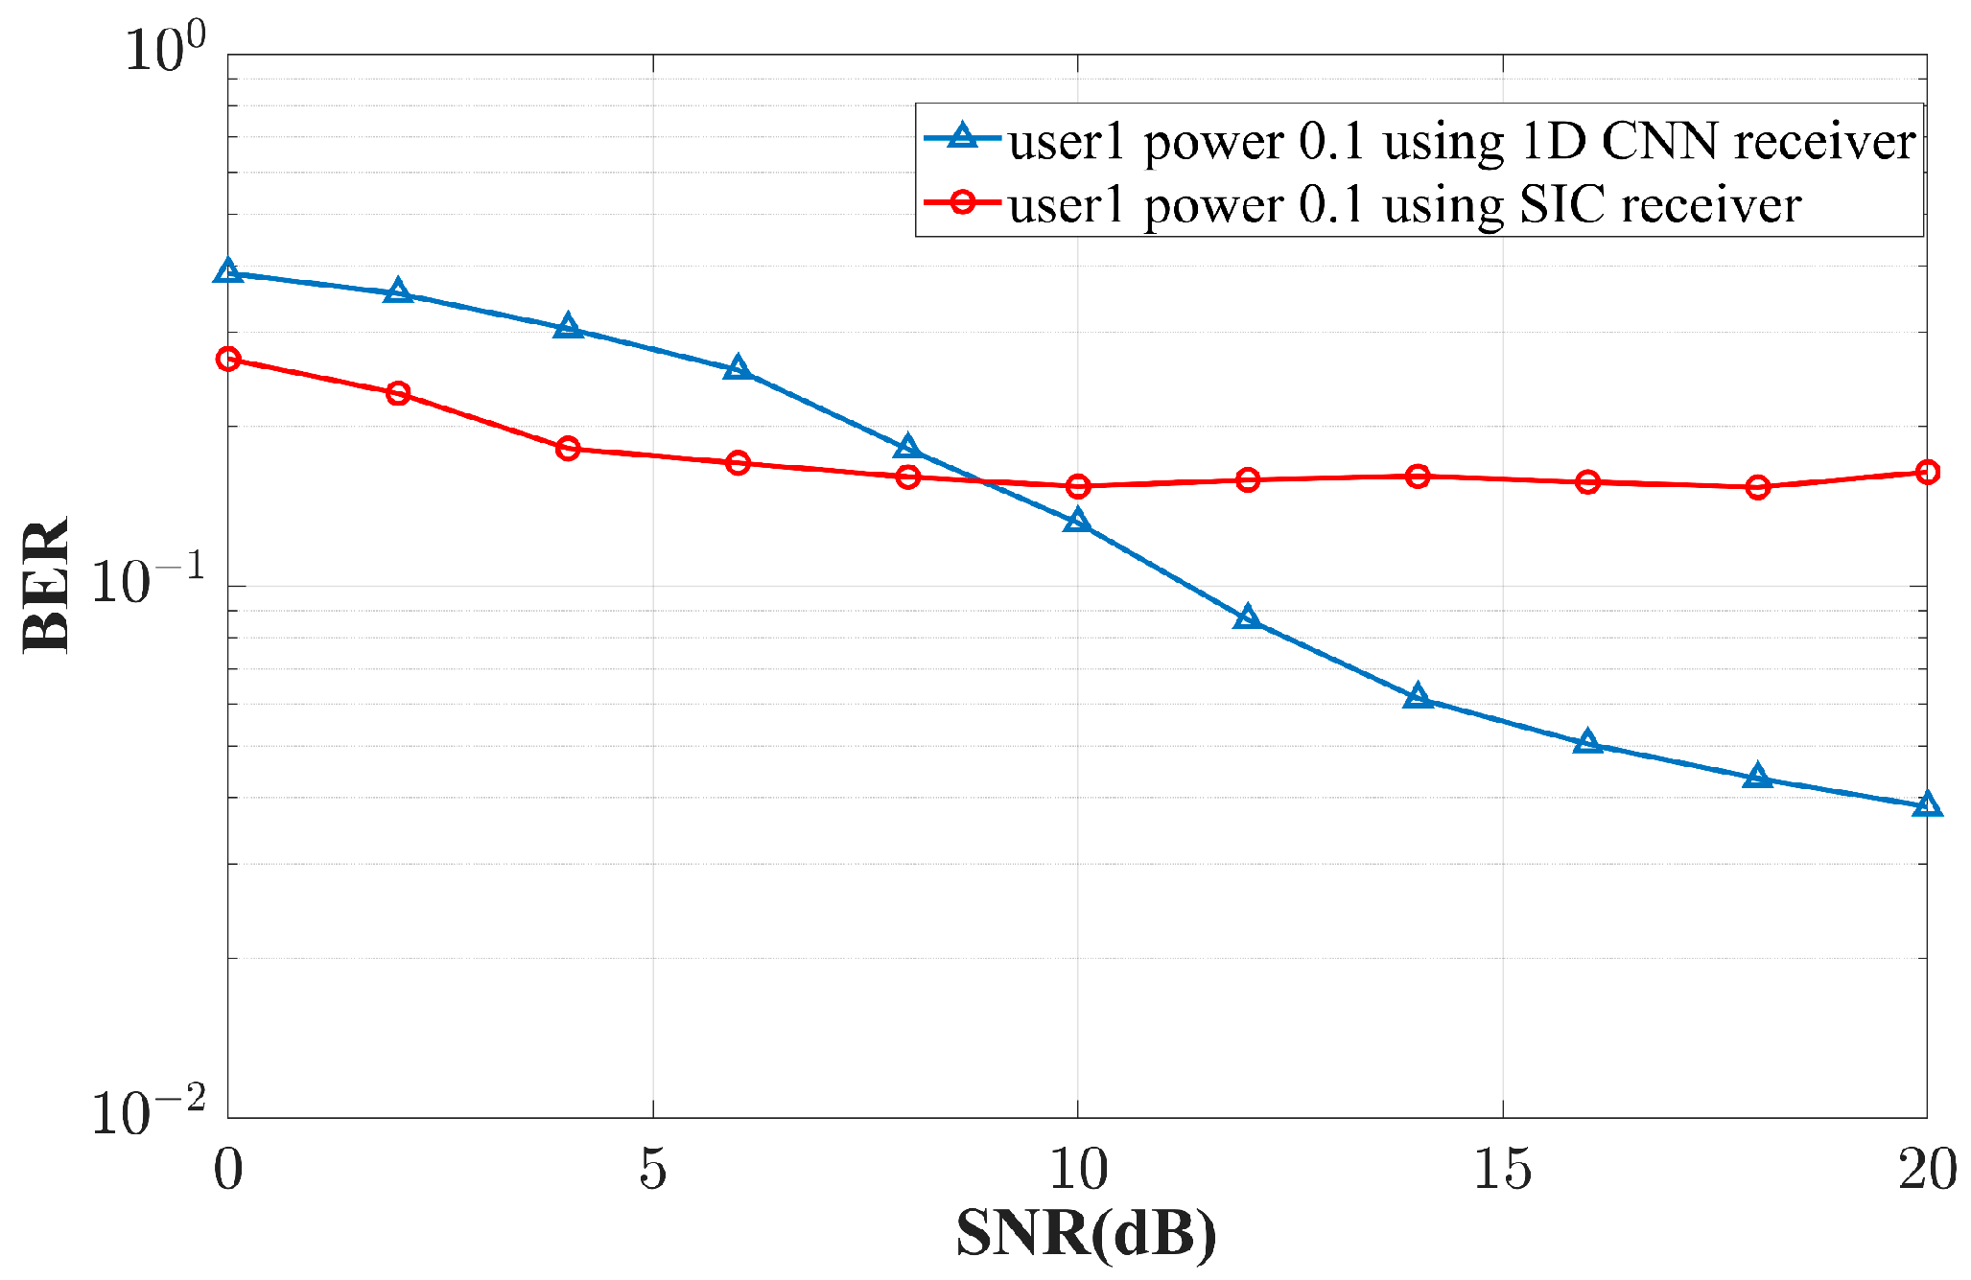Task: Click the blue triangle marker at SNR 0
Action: (x=228, y=271)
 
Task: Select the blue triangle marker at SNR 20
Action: (x=1926, y=804)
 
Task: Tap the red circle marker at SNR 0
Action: (x=228, y=360)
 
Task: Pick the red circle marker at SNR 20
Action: (x=1926, y=472)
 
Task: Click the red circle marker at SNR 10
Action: (x=1078, y=486)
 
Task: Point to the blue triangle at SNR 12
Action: (x=1247, y=617)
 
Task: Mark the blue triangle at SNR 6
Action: (x=738, y=368)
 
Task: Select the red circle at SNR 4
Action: (x=568, y=448)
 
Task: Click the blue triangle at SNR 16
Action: (x=1587, y=742)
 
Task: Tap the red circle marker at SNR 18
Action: (x=1757, y=487)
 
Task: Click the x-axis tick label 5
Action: (x=652, y=1169)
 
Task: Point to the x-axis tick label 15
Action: (x=1502, y=1169)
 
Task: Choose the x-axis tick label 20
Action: (x=1926, y=1169)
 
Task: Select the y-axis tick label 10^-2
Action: (x=149, y=1112)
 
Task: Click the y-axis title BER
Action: (x=46, y=585)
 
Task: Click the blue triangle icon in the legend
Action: (x=962, y=138)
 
